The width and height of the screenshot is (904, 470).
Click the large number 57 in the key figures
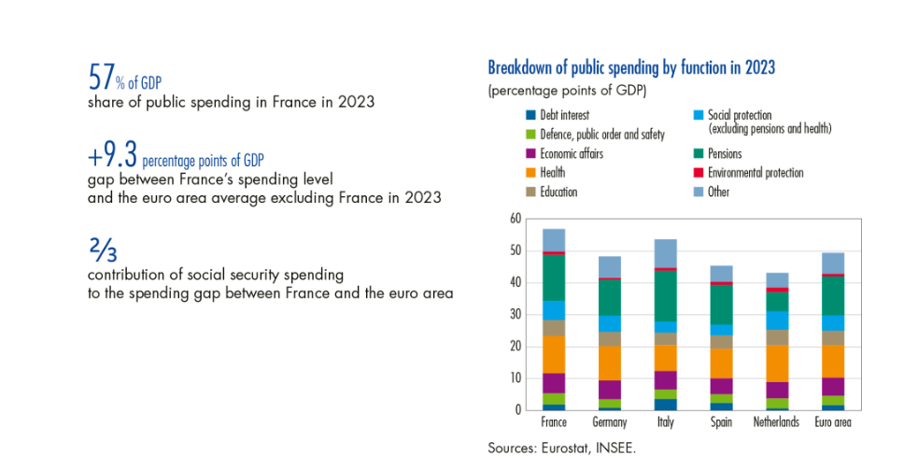click(x=100, y=75)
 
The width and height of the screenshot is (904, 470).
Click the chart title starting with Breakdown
click(x=631, y=68)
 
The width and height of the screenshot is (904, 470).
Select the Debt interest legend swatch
click(x=530, y=115)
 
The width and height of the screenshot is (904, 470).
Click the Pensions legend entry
click(x=725, y=153)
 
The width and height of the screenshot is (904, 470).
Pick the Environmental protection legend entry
click(x=756, y=173)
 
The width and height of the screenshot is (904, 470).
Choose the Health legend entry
click(x=552, y=173)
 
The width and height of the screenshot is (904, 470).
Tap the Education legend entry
click(x=558, y=192)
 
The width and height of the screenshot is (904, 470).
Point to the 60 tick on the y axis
click(x=515, y=219)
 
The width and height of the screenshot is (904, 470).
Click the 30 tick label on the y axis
click(x=515, y=314)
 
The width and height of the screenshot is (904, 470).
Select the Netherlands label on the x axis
click(x=777, y=422)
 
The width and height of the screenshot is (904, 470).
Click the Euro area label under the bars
click(x=831, y=422)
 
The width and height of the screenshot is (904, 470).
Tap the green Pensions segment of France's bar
click(x=554, y=277)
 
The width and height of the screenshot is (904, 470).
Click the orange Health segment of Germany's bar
click(x=610, y=363)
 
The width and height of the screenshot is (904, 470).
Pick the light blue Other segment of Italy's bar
click(x=665, y=252)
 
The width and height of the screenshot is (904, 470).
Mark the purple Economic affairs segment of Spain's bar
click(x=721, y=386)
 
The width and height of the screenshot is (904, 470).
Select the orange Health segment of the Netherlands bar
click(x=777, y=363)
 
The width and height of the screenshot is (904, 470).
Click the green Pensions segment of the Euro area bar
click(x=832, y=295)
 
